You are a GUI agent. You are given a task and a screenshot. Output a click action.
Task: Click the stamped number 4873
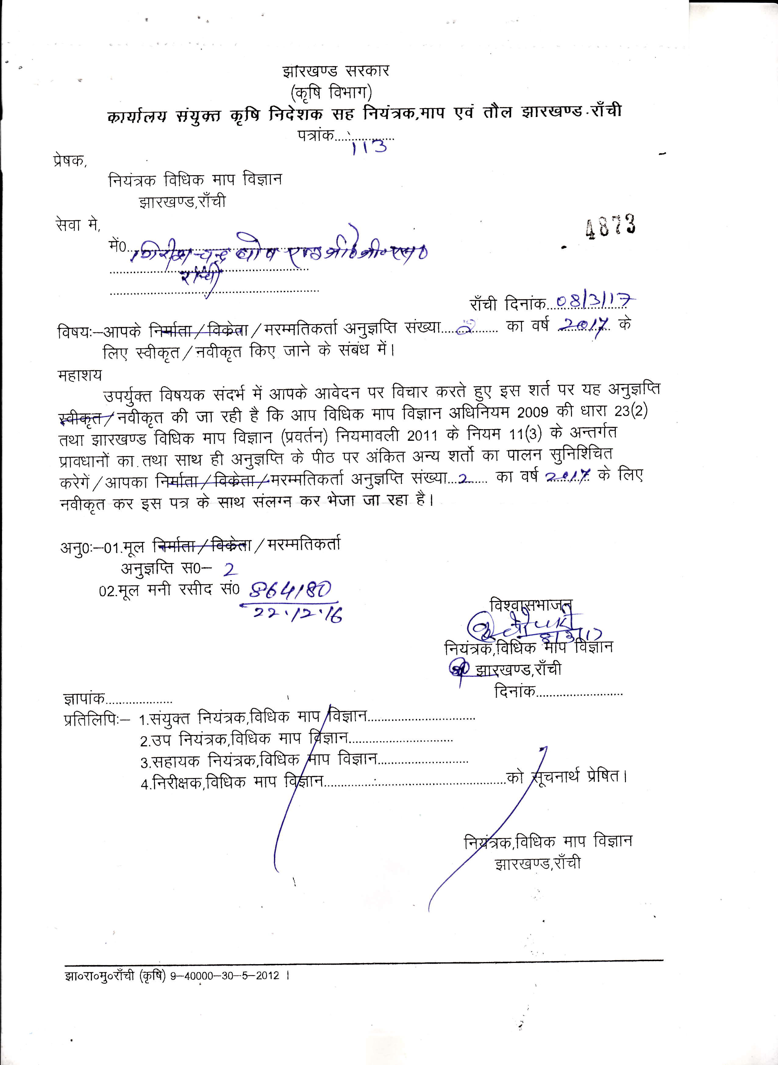[x=610, y=227]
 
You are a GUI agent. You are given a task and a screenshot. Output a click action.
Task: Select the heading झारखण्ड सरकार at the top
[x=336, y=71]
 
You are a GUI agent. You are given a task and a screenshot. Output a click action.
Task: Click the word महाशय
[x=79, y=376]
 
